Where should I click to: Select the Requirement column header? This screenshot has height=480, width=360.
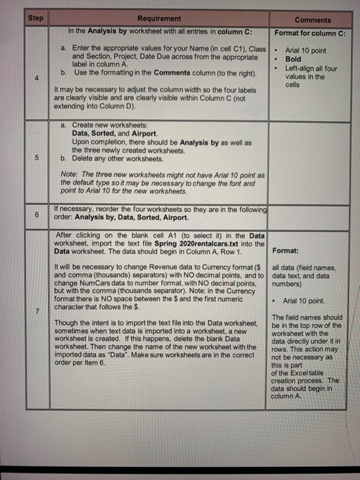[x=159, y=19]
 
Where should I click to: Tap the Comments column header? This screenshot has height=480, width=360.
[x=313, y=20]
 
